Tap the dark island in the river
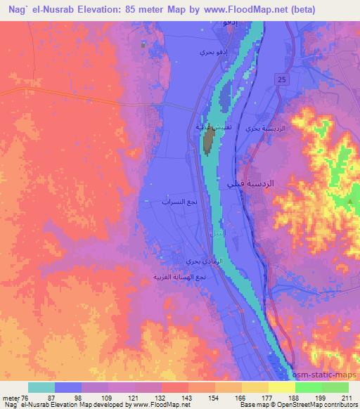[x=209, y=143]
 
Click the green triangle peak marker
[x=350, y=202]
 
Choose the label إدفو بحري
[x=211, y=53]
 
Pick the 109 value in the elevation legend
[x=108, y=398]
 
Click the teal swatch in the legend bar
[x=41, y=387]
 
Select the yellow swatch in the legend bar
[x=281, y=387]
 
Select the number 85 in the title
[x=135, y=10]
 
